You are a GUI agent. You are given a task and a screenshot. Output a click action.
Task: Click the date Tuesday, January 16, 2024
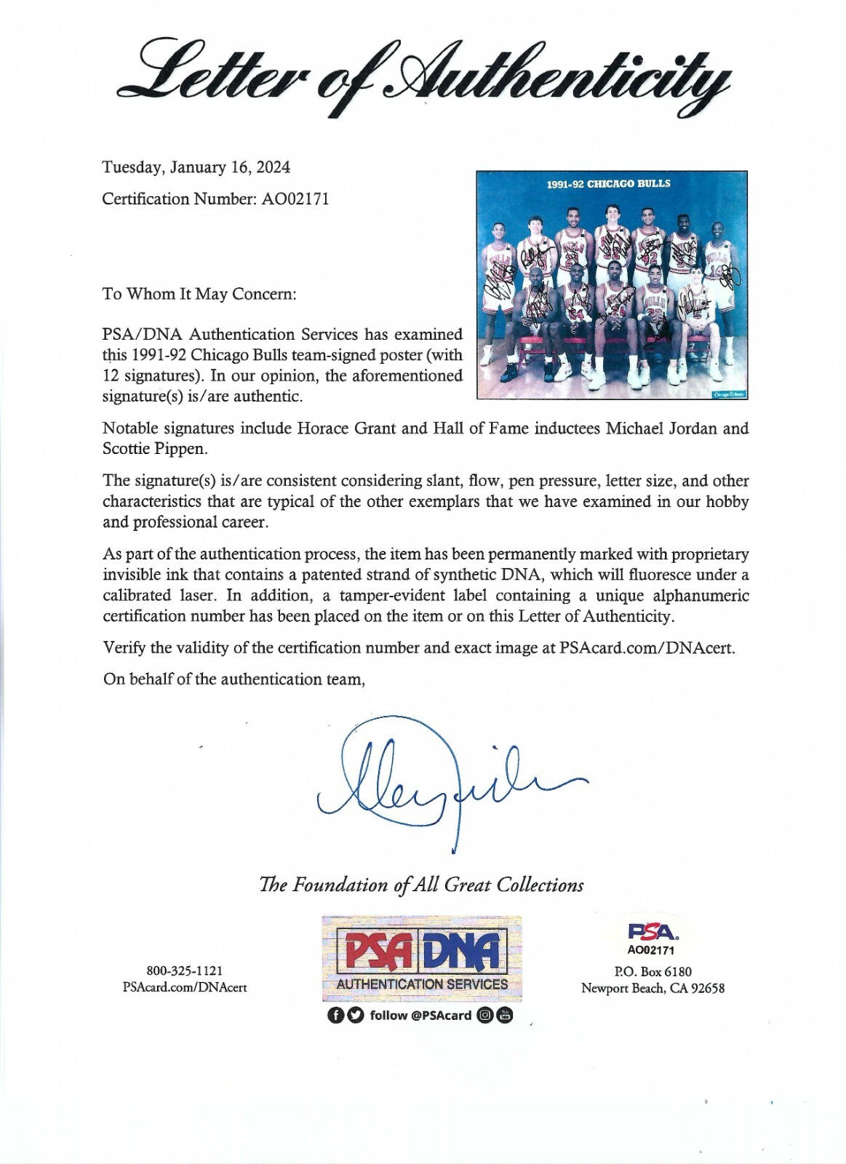(196, 167)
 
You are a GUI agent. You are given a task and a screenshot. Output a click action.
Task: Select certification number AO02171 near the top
(294, 199)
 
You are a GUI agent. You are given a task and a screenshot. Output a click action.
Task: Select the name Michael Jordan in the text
(661, 428)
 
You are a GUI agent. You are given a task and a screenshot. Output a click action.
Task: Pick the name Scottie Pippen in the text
(155, 448)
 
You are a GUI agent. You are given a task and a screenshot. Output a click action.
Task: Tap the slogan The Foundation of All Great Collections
(421, 885)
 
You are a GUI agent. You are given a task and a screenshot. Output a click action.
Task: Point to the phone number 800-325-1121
(185, 970)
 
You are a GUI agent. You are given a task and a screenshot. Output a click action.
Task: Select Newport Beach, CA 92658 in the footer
(653, 988)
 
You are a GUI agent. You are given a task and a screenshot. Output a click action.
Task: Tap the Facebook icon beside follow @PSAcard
(335, 1016)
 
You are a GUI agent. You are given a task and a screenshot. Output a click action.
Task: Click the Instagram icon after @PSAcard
(485, 1016)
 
